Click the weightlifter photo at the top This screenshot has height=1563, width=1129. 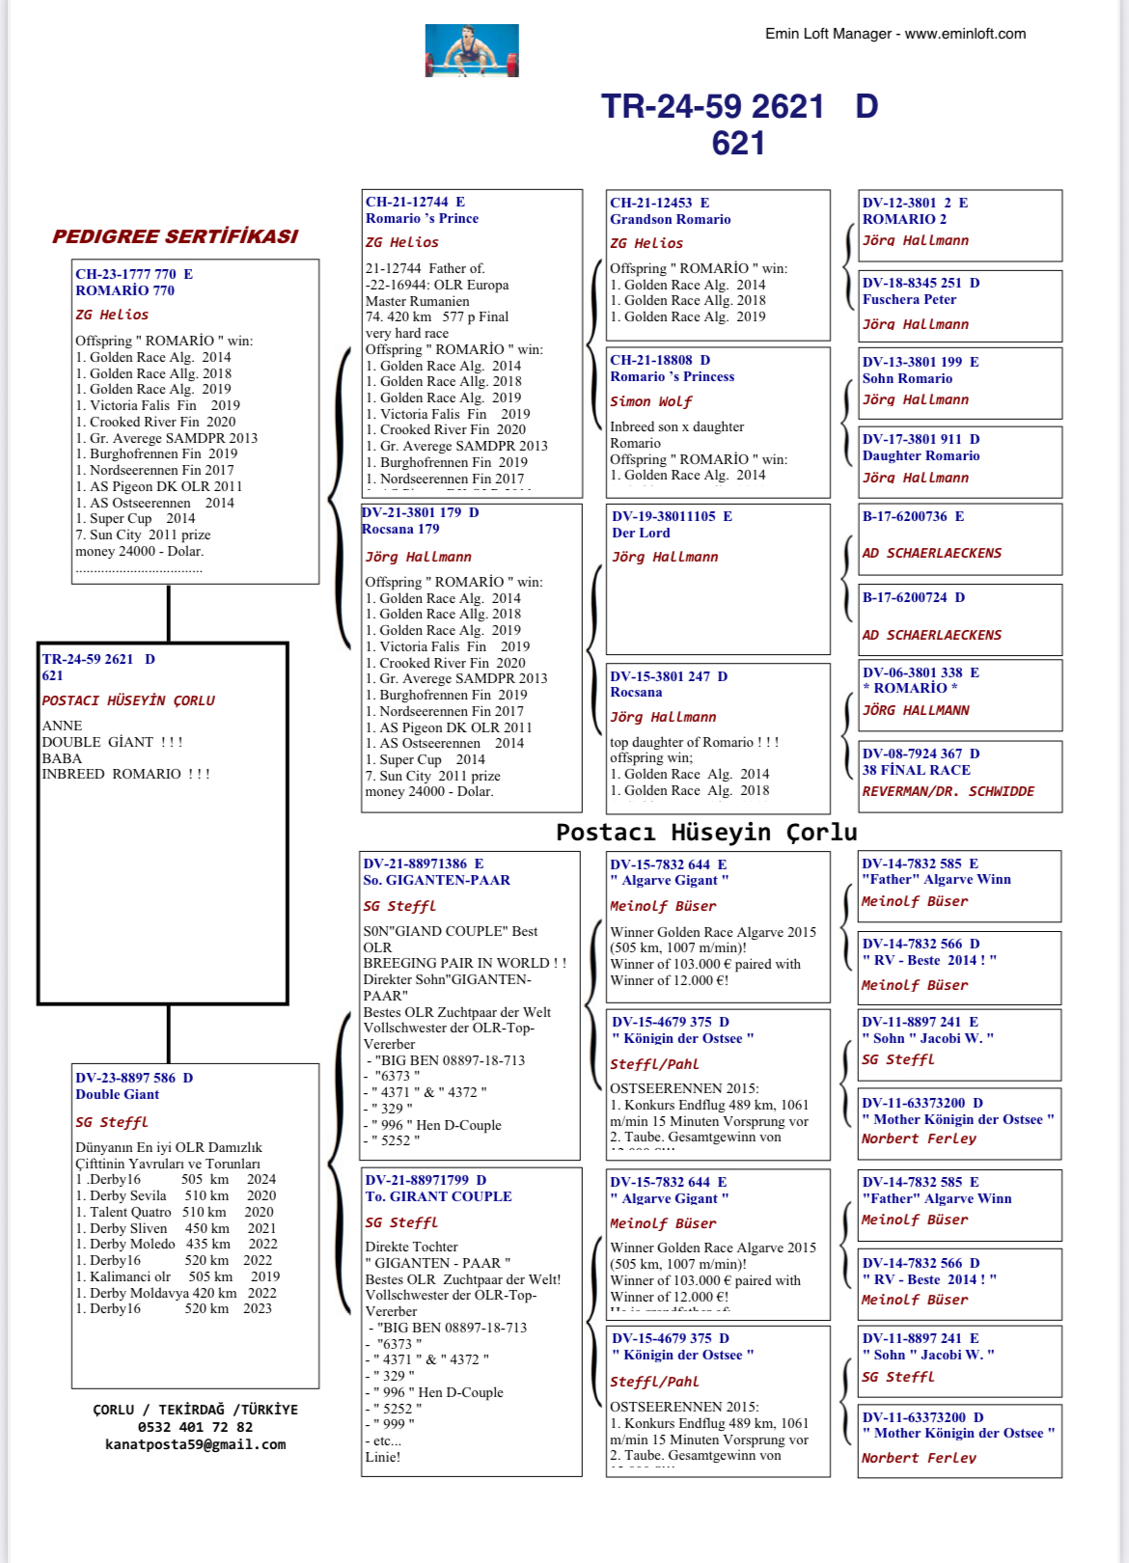coord(472,50)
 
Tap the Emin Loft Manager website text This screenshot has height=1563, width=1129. coord(895,34)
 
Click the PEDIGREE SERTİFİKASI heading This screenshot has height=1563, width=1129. coord(175,236)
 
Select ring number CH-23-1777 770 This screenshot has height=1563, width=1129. coord(134,274)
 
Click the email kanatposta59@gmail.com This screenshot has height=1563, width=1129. coord(195,1444)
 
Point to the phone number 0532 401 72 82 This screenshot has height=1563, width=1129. coord(195,1427)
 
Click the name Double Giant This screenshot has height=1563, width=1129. coord(117,1094)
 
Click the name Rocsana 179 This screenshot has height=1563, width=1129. coord(400,529)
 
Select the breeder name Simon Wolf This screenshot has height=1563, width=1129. coord(650,401)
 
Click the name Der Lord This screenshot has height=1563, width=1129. coord(641,533)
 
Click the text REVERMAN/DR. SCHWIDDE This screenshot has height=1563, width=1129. coord(948,791)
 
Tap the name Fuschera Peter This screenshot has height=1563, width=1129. coord(909,299)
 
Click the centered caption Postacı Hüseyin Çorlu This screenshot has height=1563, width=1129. coord(706,832)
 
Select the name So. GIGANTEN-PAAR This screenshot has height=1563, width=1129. coord(436,880)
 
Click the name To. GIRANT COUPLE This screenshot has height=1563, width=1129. coord(438,1196)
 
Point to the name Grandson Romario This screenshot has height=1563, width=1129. coord(670,219)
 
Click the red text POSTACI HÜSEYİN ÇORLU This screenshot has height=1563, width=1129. coord(128,700)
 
